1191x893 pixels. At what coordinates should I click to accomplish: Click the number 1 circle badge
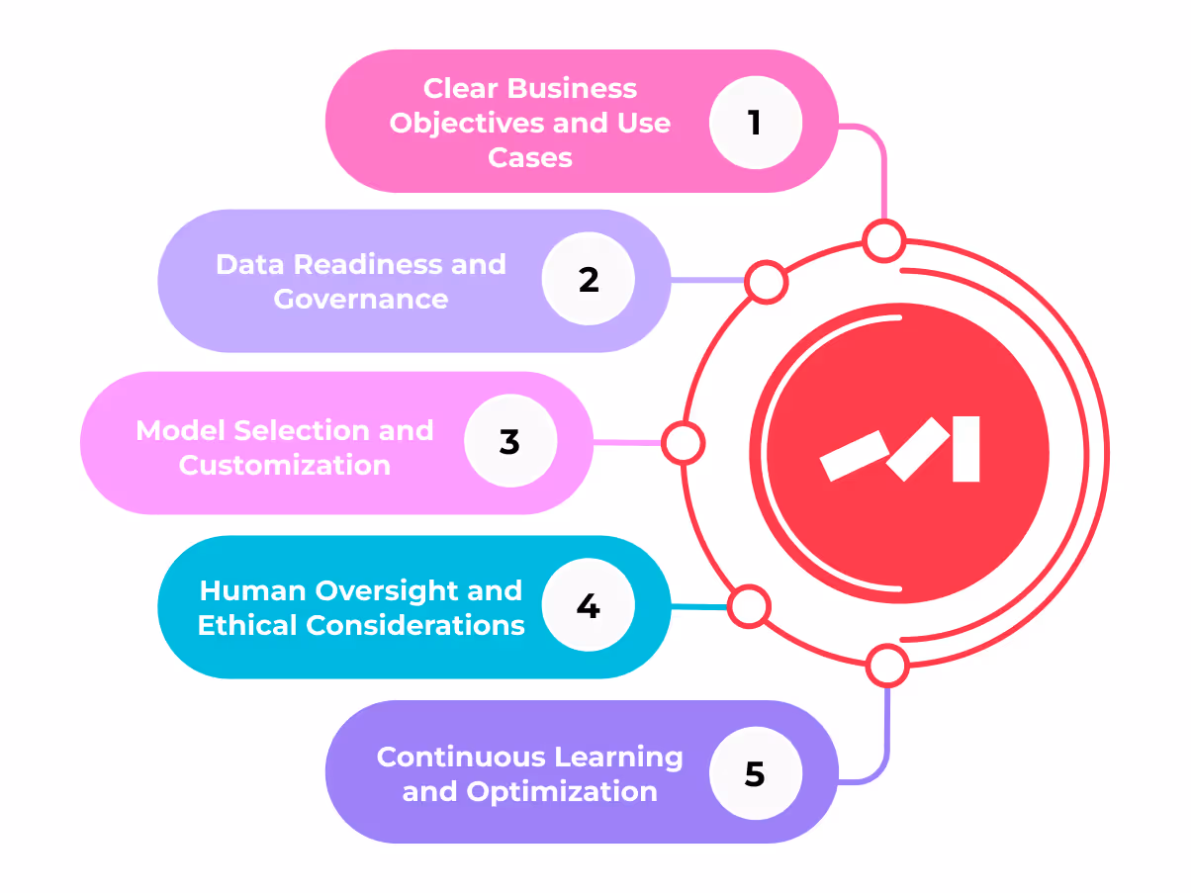pyautogui.click(x=755, y=123)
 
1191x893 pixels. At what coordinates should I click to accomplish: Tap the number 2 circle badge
pyautogui.click(x=589, y=280)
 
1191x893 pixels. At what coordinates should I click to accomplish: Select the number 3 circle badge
pyautogui.click(x=509, y=442)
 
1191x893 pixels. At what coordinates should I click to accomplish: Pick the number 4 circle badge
pyautogui.click(x=589, y=606)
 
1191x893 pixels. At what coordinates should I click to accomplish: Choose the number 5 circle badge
pyautogui.click(x=755, y=773)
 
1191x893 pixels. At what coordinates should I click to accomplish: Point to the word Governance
pyautogui.click(x=361, y=299)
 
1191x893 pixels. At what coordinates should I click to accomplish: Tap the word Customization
pyautogui.click(x=285, y=465)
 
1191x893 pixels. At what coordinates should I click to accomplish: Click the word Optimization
pyautogui.click(x=562, y=791)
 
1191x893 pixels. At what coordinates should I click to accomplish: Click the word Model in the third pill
pyautogui.click(x=177, y=430)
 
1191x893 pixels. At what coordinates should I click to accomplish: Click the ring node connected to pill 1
pyautogui.click(x=883, y=240)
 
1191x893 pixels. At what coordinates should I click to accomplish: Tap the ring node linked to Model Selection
pyautogui.click(x=682, y=443)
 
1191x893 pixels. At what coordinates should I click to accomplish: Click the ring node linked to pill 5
pyautogui.click(x=886, y=666)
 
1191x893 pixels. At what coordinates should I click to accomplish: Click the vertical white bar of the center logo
pyautogui.click(x=965, y=449)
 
